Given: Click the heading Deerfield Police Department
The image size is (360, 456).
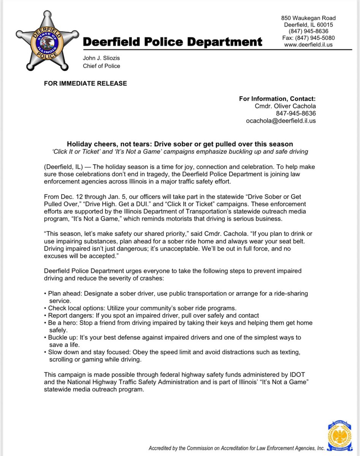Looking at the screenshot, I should coord(172,42).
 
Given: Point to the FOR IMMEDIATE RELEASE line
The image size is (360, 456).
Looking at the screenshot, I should coord(86,83).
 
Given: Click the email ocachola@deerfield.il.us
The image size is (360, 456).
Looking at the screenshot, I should coord(281,121).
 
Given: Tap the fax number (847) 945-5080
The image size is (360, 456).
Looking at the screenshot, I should coord(308,38).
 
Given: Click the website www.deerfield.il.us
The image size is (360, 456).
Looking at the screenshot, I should coord(308,44).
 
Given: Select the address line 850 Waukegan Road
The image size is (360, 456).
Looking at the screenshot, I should coord(308,18).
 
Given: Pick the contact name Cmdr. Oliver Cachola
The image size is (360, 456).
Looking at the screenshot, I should coord(285,106).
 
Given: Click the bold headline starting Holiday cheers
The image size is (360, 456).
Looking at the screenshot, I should coord(180,144).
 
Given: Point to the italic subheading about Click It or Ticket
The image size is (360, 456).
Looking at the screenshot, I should coord(180,152).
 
